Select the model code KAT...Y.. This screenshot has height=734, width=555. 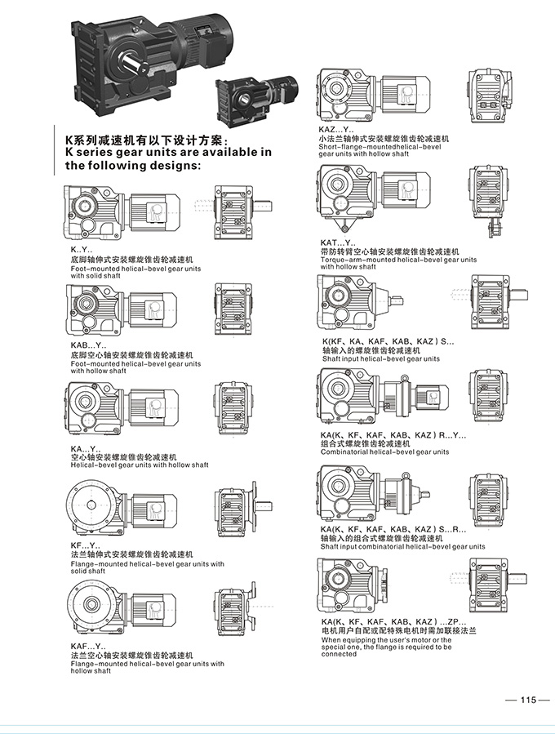pos(338,242)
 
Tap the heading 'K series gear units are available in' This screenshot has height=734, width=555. pos(168,152)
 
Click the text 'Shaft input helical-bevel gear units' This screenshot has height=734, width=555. pos(380,358)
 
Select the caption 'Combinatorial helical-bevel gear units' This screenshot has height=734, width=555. pos(384,452)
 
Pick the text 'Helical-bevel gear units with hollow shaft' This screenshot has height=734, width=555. pos(139,465)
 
